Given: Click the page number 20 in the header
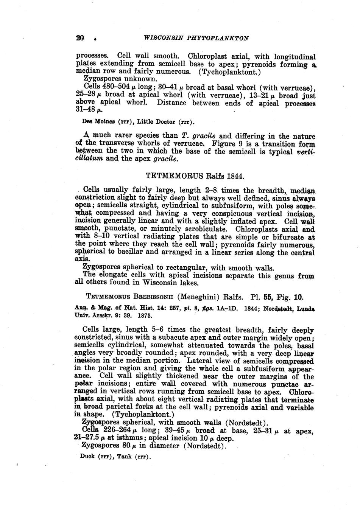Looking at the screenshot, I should click(79, 38).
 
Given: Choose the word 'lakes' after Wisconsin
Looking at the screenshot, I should click(188, 283).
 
